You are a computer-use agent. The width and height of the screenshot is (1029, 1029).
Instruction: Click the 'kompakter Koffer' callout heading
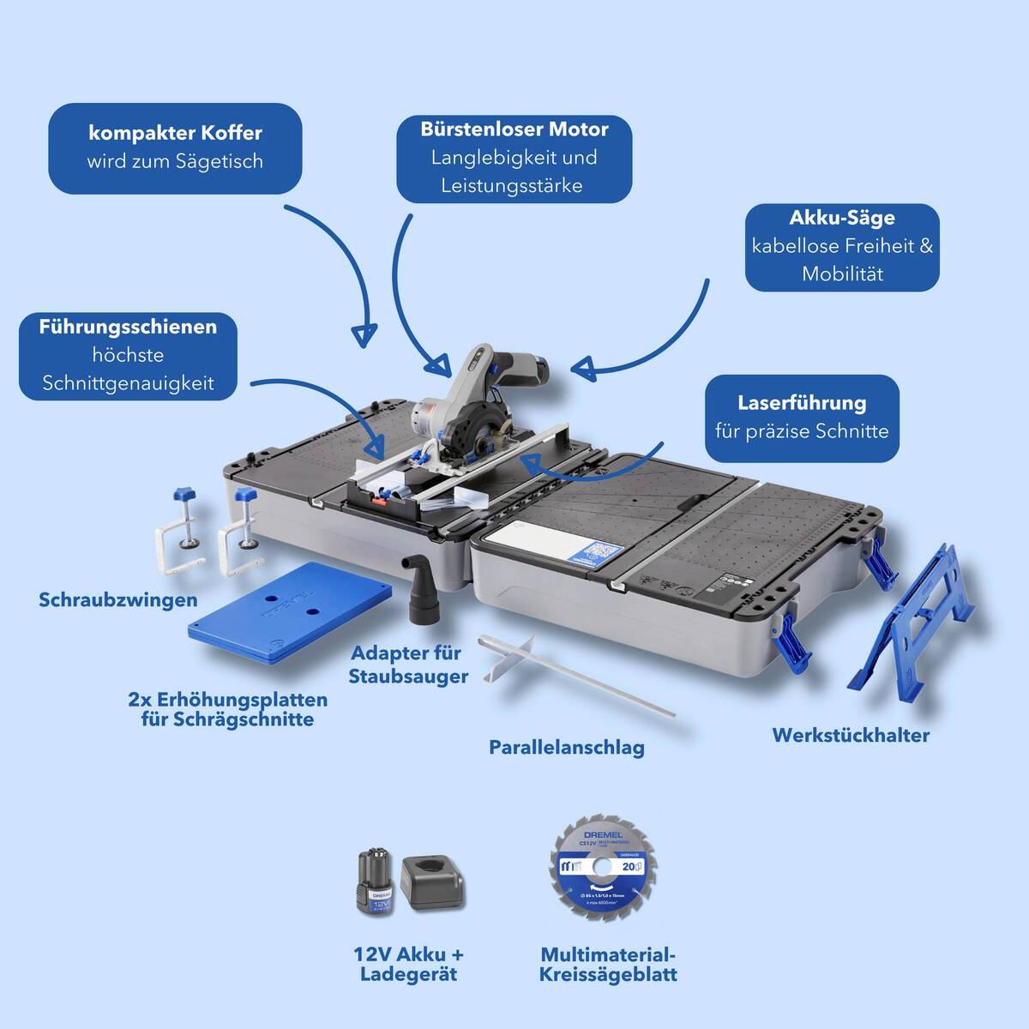click(x=175, y=133)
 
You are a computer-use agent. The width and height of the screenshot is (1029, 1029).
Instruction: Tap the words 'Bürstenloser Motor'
click(x=514, y=129)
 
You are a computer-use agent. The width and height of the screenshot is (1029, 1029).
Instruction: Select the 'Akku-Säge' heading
click(x=841, y=218)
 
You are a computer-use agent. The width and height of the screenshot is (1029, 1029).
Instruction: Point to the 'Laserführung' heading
click(x=802, y=402)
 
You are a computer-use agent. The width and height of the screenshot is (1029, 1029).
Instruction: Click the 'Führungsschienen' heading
click(x=128, y=327)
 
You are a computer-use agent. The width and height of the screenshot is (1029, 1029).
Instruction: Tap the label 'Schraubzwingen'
click(x=117, y=599)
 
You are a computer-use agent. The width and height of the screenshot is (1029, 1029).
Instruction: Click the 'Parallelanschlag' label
click(x=566, y=747)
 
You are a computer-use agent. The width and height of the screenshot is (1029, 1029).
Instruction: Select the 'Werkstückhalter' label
click(x=850, y=735)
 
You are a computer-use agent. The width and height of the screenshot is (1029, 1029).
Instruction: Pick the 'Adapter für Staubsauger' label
click(x=408, y=665)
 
